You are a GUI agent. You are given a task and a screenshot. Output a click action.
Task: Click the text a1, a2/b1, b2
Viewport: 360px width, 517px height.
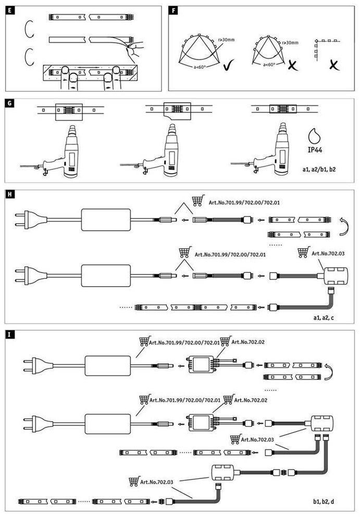coord(322,170)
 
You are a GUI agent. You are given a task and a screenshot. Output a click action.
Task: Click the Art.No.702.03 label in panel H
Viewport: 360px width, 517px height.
coord(330,254)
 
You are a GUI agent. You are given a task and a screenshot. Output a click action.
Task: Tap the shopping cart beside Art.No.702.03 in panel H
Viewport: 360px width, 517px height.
coord(303,253)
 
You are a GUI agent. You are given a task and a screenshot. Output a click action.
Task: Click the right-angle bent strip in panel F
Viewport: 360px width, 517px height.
coord(325,48)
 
